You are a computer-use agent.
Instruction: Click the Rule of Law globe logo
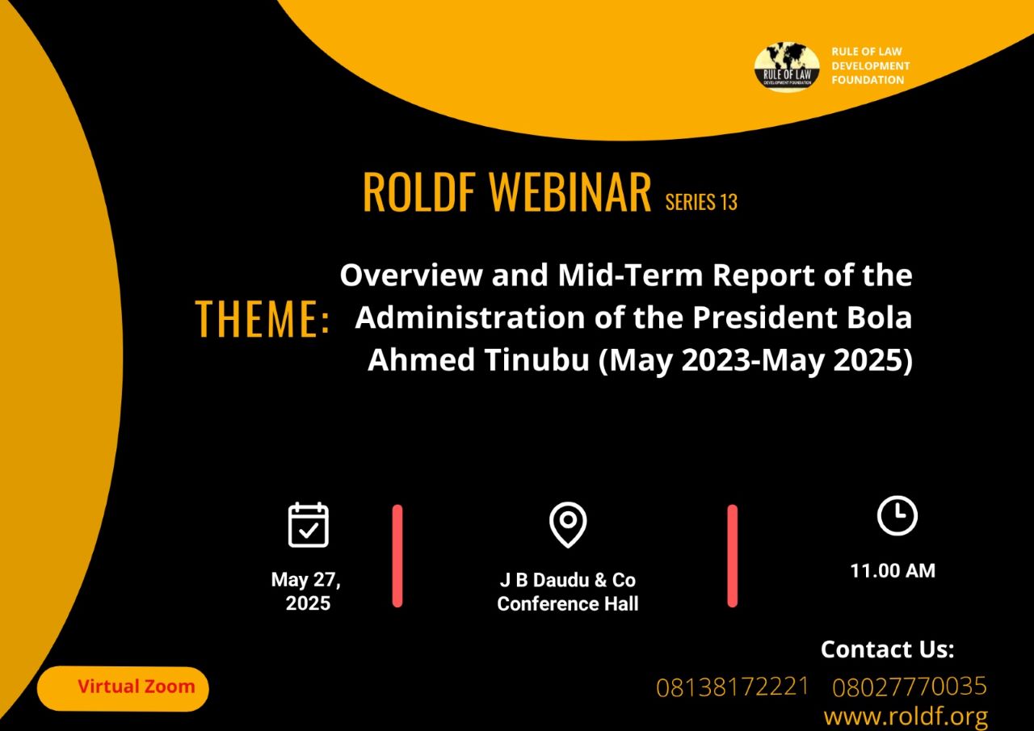point(787,67)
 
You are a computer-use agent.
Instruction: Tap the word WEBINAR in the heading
point(570,192)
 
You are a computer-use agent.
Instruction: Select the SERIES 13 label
point(701,202)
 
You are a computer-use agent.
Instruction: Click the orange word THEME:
point(263,318)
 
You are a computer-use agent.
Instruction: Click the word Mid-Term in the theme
point(630,275)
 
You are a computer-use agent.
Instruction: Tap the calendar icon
point(309,525)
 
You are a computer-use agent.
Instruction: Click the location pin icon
point(568,525)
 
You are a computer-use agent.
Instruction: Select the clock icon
point(897,515)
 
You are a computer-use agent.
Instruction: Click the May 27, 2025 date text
point(306,591)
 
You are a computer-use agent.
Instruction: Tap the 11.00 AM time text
point(893,571)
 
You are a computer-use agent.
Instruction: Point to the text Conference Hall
point(568,603)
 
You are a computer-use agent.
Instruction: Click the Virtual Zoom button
point(123,688)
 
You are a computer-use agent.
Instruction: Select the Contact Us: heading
point(887,649)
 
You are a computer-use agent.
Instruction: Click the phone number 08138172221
point(732,687)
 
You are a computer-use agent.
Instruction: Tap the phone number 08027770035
point(910,687)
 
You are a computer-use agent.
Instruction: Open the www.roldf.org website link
point(906,716)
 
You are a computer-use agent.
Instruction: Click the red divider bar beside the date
point(397,556)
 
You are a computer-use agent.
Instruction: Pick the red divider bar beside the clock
point(733,556)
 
